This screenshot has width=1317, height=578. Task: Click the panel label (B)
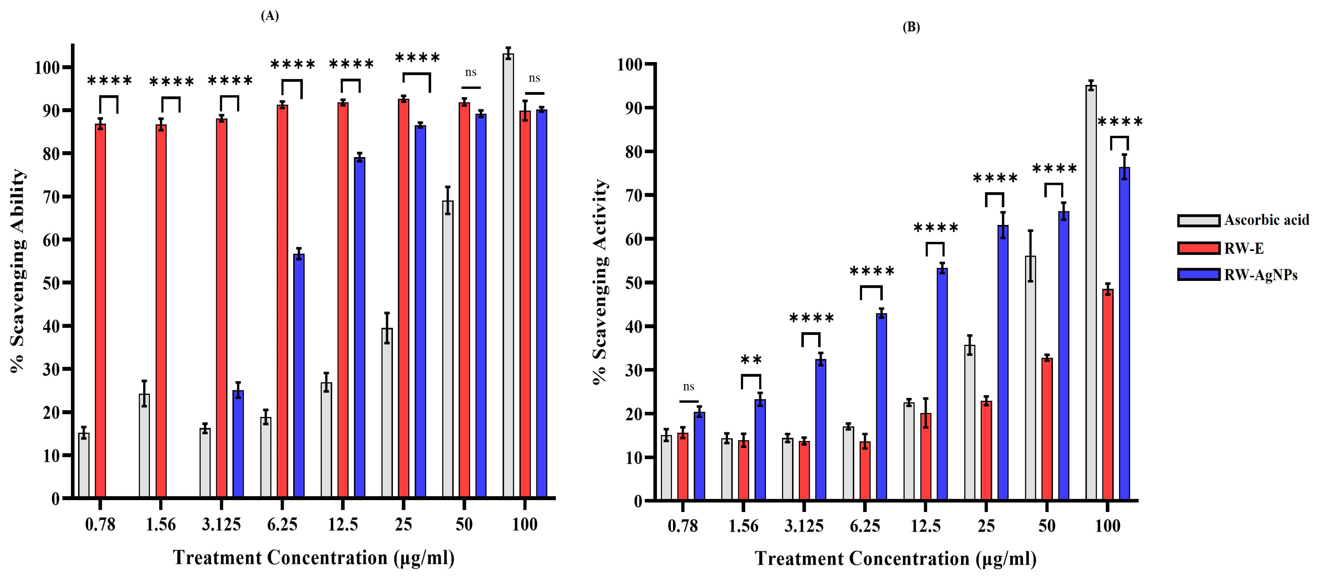tap(911, 28)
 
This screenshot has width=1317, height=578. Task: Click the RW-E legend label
tap(1244, 249)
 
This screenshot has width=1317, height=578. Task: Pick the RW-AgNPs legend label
tap(1261, 275)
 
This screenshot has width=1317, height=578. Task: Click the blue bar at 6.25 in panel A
tap(299, 376)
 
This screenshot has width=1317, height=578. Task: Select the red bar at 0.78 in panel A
tap(101, 311)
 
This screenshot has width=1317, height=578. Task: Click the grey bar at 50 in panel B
tap(1031, 378)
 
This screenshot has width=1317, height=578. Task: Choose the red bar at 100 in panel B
tap(1108, 394)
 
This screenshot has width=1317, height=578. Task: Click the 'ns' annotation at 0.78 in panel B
tap(689, 387)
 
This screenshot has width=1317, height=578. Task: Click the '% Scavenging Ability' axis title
tap(18, 271)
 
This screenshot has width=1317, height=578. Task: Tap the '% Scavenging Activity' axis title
tap(600, 282)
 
